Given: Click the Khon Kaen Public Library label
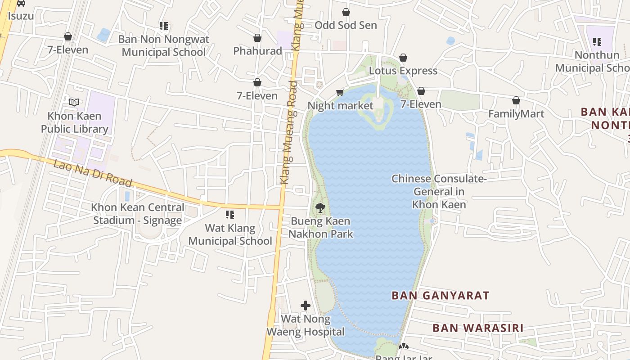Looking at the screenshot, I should [x=75, y=122].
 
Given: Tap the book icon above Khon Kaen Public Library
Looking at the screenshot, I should [x=74, y=102].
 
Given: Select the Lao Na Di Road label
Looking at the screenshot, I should [x=93, y=173].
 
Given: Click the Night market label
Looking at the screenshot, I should [x=340, y=106].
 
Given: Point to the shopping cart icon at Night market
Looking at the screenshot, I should [x=340, y=93].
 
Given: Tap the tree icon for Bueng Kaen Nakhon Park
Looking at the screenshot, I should [x=320, y=208].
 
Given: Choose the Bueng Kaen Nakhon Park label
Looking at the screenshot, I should [x=320, y=228].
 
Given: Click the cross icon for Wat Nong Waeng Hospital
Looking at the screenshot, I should [x=306, y=306].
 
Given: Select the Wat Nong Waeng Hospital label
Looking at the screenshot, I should [x=306, y=325].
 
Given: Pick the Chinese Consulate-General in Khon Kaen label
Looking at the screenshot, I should [x=439, y=191].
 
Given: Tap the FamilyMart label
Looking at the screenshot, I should [x=516, y=114].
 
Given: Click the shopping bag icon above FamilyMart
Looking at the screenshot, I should [x=516, y=100].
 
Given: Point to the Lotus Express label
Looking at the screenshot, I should [x=403, y=71].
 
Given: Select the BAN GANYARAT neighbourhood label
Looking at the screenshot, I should [x=440, y=296].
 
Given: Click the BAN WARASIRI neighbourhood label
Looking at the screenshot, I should [x=478, y=328].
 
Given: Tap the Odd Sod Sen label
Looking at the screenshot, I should [x=346, y=25].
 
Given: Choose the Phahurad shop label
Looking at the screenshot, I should [x=257, y=51].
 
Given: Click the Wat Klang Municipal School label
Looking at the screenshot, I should [x=230, y=234].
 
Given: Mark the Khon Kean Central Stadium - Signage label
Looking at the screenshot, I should [x=137, y=214].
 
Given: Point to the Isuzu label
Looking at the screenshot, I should [x=21, y=16].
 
